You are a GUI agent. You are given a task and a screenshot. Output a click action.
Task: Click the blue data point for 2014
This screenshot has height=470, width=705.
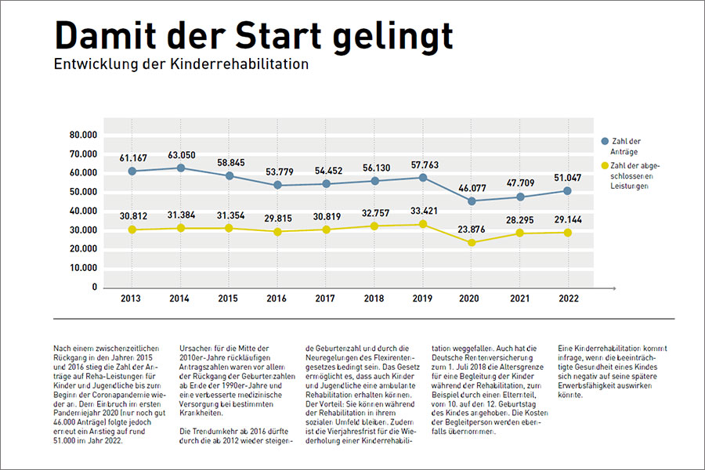pyautogui.click(x=181, y=168)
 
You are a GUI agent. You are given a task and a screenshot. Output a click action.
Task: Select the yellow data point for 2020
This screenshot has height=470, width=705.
pyautogui.click(x=471, y=243)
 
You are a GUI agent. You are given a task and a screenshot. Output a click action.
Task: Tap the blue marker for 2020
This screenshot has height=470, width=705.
pyautogui.click(x=471, y=201)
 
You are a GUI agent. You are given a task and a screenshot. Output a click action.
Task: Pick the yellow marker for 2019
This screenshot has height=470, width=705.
pyautogui.click(x=423, y=225)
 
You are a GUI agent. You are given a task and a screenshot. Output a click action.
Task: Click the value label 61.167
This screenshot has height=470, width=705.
pyautogui.click(x=132, y=157)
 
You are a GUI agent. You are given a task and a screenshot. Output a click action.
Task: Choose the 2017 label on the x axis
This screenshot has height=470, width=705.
pyautogui.click(x=326, y=298)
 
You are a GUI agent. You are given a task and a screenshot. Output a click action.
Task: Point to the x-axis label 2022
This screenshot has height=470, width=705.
pyautogui.click(x=568, y=298)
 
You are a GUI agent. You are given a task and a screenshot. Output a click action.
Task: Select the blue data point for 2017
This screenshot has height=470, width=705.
pyautogui.click(x=326, y=184)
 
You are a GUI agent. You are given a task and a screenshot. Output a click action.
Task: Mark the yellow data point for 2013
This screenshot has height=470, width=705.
pyautogui.click(x=132, y=230)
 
